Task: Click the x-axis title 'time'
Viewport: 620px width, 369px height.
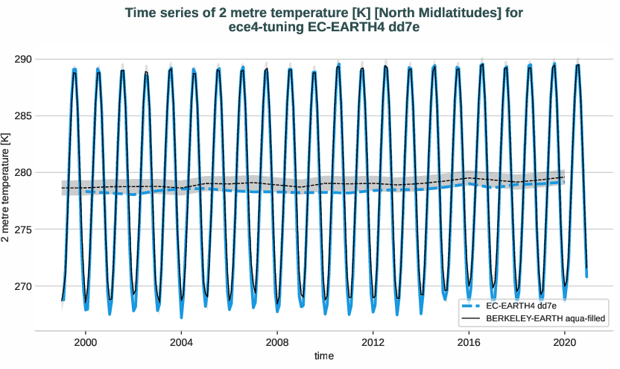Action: click(x=324, y=356)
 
